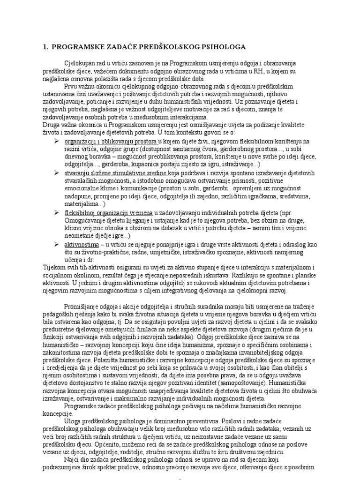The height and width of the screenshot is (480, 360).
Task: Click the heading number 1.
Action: [x=45, y=47]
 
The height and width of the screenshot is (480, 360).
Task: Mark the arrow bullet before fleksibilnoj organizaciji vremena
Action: [x=57, y=212]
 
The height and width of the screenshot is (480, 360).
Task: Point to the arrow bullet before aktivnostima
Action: [x=57, y=244]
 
